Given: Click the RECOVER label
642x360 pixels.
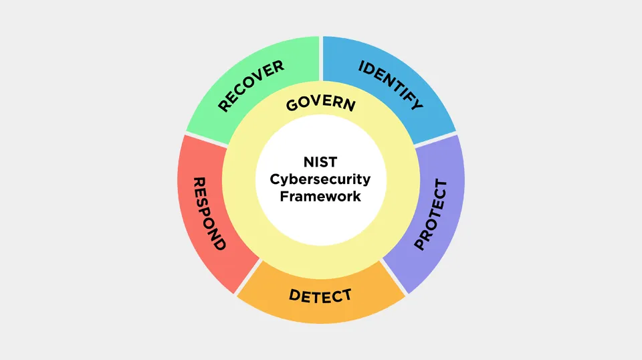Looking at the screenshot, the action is point(251,86).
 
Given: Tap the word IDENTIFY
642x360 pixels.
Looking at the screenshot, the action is point(391,85).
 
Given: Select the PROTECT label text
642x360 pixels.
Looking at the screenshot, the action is point(431,214).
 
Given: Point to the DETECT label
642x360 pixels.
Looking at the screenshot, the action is point(320,296).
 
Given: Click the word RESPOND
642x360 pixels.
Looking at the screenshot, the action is point(209,213).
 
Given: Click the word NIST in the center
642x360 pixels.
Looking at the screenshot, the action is point(320,162).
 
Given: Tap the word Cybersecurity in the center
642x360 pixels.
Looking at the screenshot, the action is point(320,179).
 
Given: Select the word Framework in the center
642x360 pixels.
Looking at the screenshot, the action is point(320,196).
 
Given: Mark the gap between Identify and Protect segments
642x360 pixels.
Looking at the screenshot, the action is point(435,140).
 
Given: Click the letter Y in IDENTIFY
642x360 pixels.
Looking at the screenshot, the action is point(417,104).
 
